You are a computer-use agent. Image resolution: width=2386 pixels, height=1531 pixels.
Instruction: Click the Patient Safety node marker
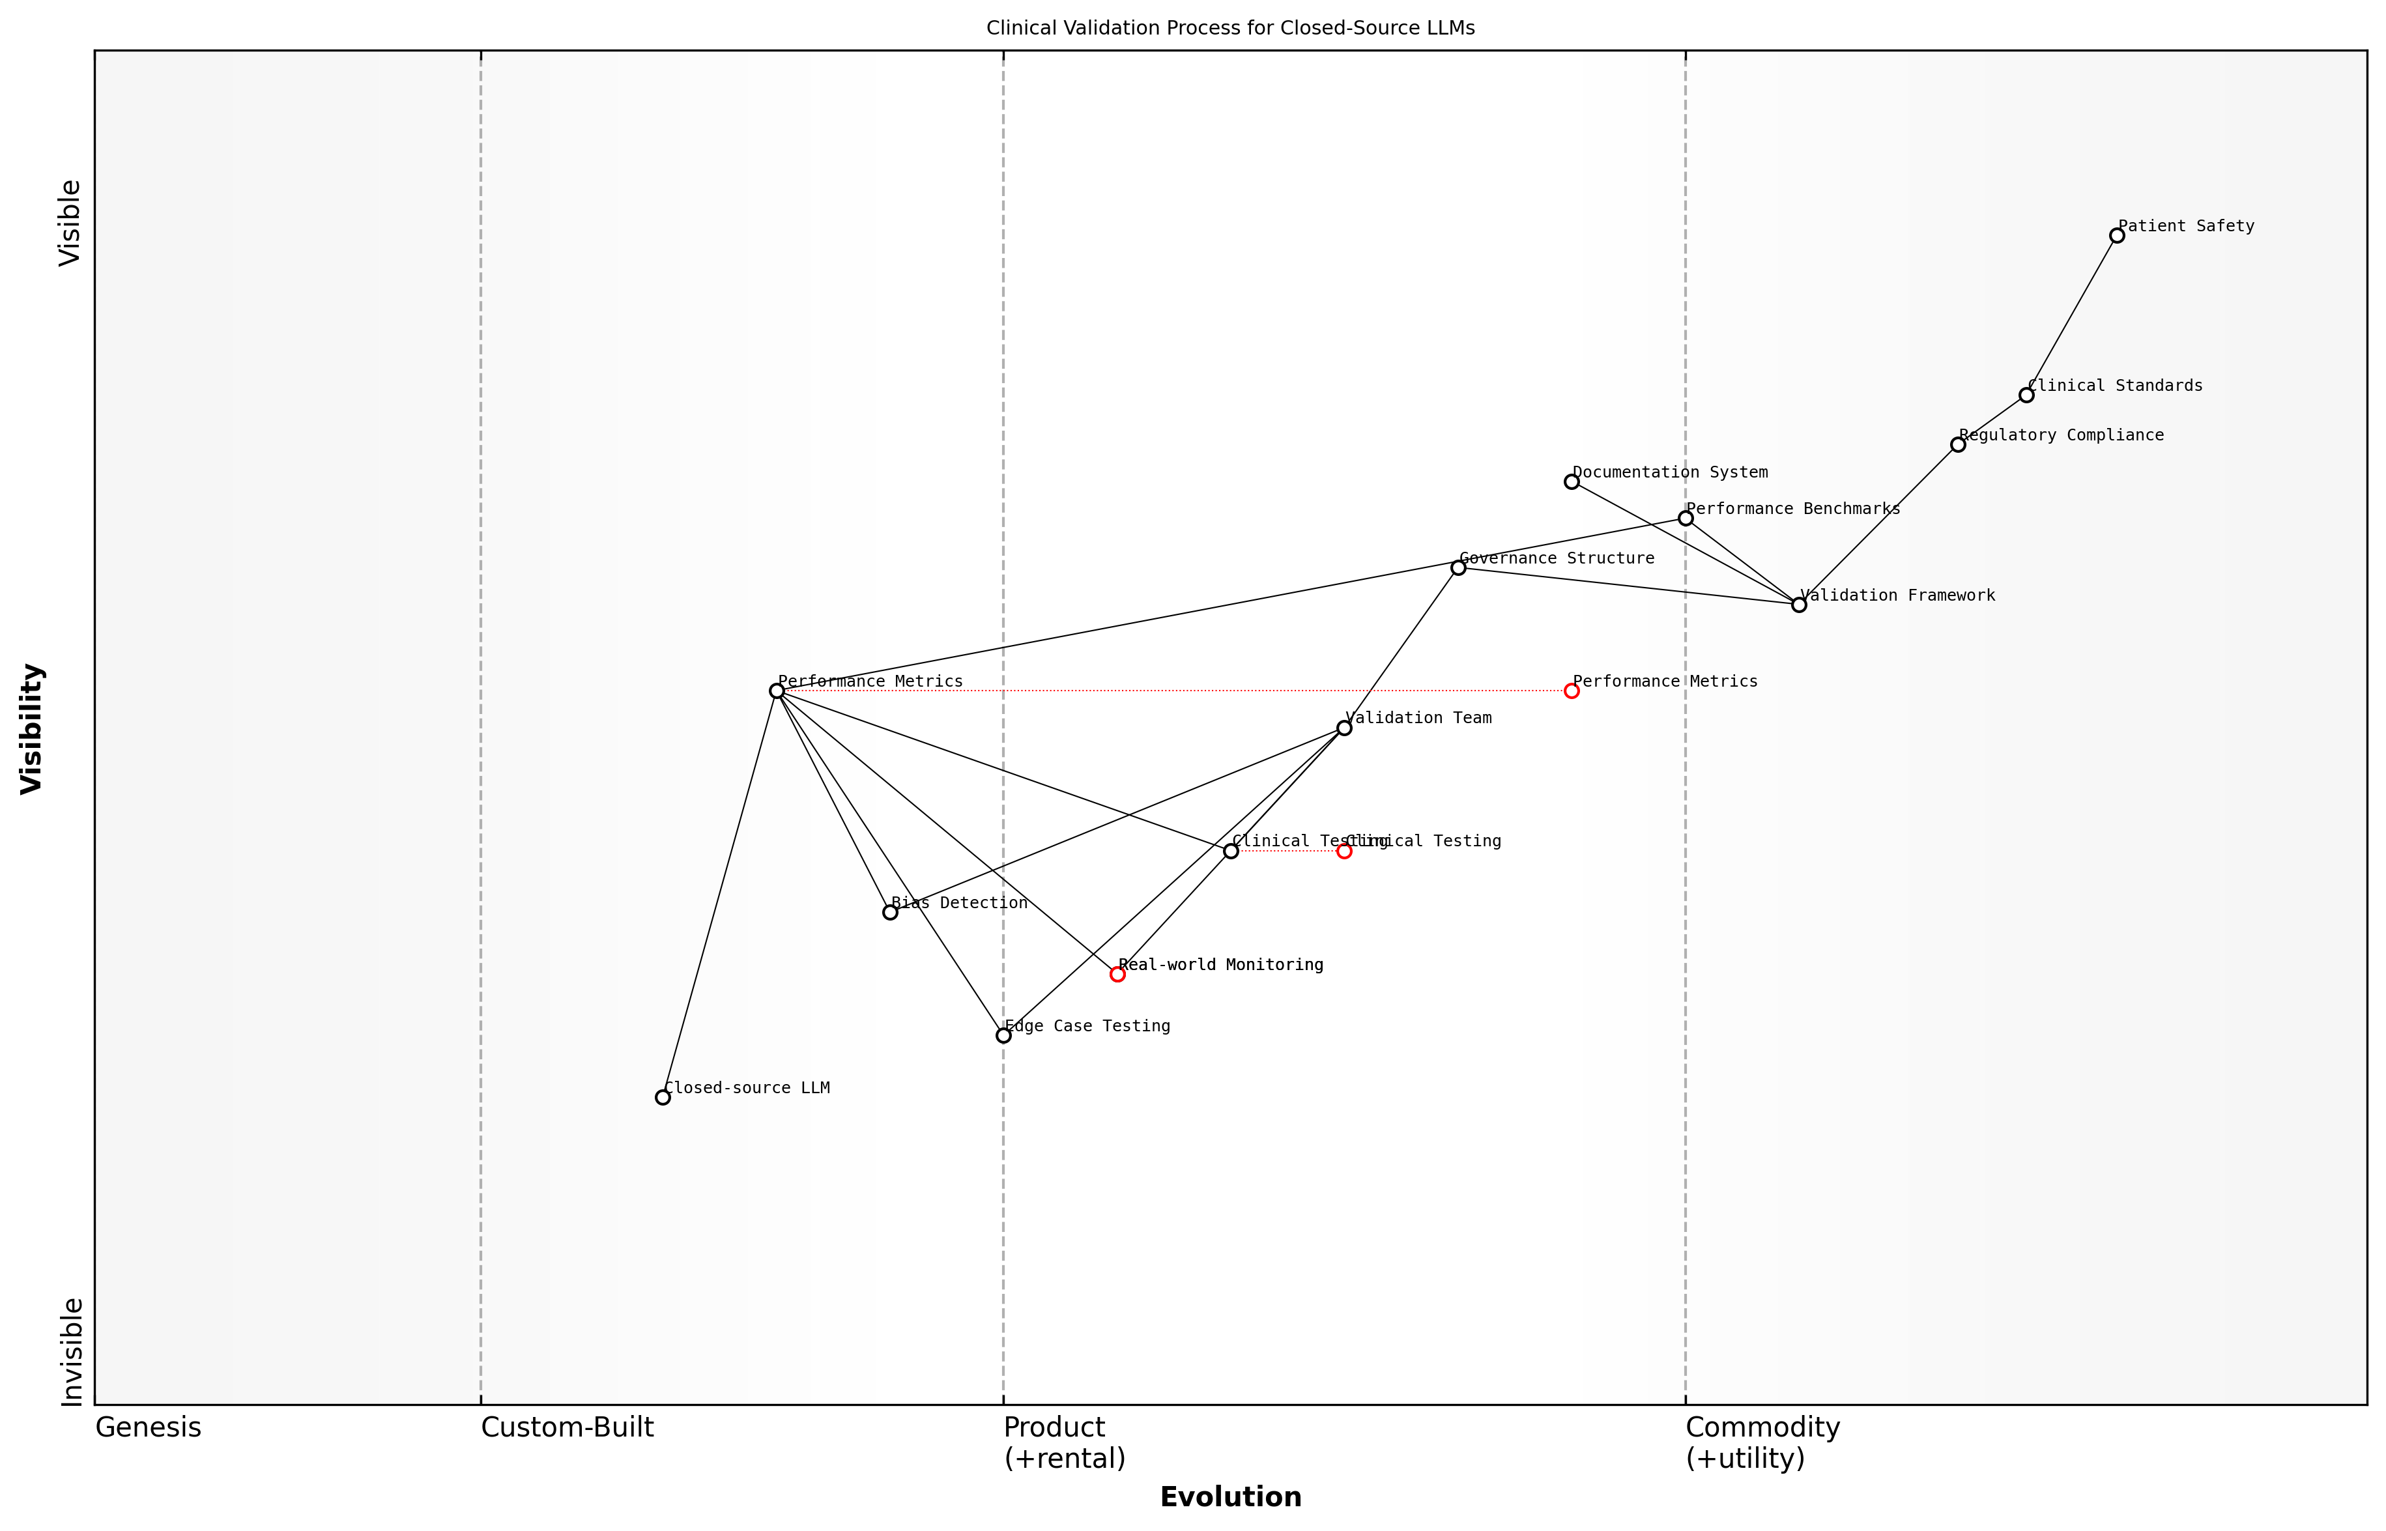(x=2116, y=236)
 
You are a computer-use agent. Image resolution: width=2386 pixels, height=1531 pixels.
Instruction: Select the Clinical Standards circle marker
(x=2026, y=395)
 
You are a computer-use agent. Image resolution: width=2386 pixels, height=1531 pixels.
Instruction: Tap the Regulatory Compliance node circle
(x=1957, y=444)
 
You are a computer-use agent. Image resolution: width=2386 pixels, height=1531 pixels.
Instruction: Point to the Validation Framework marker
(x=1798, y=605)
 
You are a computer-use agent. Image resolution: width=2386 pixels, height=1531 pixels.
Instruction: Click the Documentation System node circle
(x=1571, y=482)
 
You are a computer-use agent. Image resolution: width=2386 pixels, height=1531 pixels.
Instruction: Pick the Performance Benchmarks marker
(x=1685, y=518)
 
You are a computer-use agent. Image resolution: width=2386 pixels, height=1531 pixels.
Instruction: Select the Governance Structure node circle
(x=1458, y=567)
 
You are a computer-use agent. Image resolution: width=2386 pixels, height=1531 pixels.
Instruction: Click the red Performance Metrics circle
(x=1571, y=691)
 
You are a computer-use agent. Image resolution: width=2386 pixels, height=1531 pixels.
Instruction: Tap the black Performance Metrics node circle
(x=777, y=691)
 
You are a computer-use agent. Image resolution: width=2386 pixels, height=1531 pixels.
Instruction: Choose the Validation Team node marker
(x=1344, y=728)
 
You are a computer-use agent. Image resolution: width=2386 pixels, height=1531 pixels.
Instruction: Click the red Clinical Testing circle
(x=1344, y=851)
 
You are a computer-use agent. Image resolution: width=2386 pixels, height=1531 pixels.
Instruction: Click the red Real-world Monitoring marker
(x=1117, y=974)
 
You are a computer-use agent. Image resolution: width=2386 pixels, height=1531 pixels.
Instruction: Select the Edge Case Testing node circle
(x=1003, y=1036)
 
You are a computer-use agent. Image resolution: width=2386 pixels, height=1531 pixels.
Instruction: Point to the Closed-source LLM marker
(x=663, y=1098)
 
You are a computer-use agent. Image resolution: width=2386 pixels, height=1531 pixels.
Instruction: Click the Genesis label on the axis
(x=148, y=1427)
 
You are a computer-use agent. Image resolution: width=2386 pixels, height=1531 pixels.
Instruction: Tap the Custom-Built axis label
(x=567, y=1427)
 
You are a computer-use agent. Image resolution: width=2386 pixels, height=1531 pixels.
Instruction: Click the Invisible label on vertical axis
(x=72, y=1352)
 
